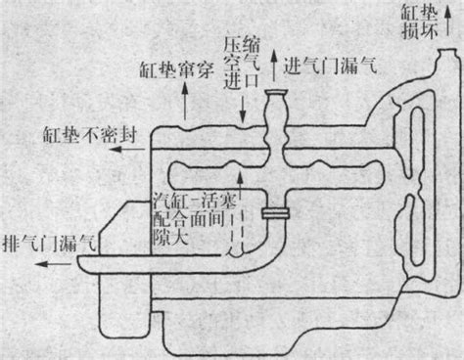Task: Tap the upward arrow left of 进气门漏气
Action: (x=274, y=66)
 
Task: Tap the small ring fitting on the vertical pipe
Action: (x=273, y=212)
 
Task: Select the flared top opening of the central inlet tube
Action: (x=277, y=95)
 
